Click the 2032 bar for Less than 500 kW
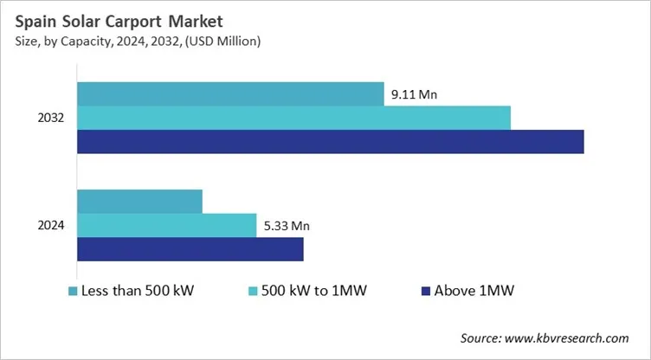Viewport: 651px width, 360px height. pyautogui.click(x=230, y=93)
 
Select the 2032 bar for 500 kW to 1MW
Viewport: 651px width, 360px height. pyautogui.click(x=293, y=118)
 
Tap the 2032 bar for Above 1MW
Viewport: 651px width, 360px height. pyautogui.click(x=331, y=142)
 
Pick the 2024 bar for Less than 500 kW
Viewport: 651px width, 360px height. pyautogui.click(x=139, y=201)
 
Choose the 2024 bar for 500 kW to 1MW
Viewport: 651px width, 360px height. pyautogui.click(x=167, y=225)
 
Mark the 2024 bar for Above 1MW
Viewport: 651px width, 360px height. pyautogui.click(x=190, y=249)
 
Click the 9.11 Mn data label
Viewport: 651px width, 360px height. pyautogui.click(x=415, y=95)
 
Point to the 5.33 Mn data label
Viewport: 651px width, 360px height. pyautogui.click(x=286, y=226)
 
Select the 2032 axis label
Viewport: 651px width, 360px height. pyautogui.click(x=51, y=118)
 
